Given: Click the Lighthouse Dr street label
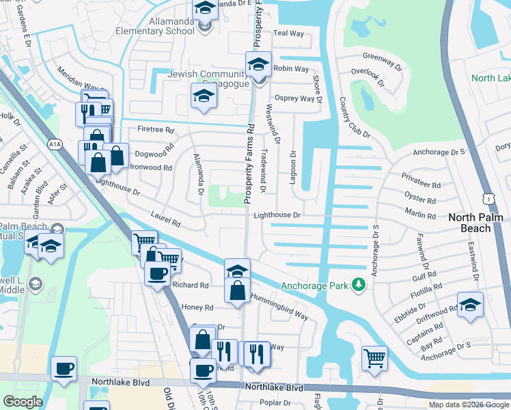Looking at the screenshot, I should coord(277,215).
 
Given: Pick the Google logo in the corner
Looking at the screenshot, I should coord(23,402).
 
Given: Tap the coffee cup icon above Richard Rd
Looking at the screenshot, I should coord(157,274).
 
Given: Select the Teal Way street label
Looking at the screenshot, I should coord(288,33).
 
